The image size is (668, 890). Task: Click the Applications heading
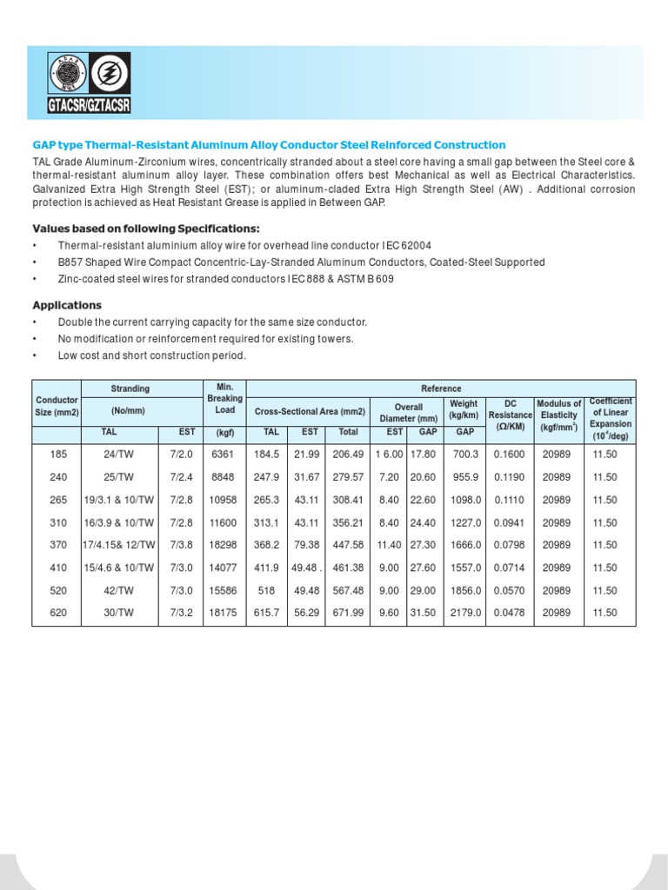[x=67, y=305]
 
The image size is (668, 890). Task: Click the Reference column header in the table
[x=443, y=389]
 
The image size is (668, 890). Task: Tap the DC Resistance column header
[x=510, y=415]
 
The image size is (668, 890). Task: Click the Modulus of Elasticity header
[x=558, y=415]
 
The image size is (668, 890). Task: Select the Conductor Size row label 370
[x=57, y=545]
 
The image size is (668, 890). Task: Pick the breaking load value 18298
[x=225, y=545]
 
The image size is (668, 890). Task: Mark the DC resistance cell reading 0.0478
[x=510, y=613]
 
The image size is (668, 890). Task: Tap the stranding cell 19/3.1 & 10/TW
[x=119, y=500]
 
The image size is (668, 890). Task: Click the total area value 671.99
[x=348, y=613]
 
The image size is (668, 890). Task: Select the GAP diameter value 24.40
[x=423, y=522]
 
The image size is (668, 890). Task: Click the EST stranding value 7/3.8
[x=180, y=545]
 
